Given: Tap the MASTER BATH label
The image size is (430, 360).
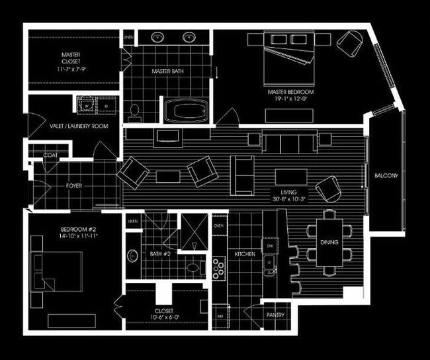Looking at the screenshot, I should click(167, 71).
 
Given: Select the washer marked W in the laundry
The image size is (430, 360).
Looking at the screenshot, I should click(87, 105).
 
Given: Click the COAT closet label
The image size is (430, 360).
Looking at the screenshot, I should click(50, 156).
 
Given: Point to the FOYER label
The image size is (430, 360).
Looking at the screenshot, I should click(74, 186).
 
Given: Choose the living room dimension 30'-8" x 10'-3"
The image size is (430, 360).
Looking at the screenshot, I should click(287, 199).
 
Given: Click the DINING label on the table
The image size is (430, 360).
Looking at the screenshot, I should click(329, 242).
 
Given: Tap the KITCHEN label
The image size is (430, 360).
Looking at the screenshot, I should click(245, 254).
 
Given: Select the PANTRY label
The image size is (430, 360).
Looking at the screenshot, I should click(275, 315).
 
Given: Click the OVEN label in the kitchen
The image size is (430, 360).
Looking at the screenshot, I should click(219, 226).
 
